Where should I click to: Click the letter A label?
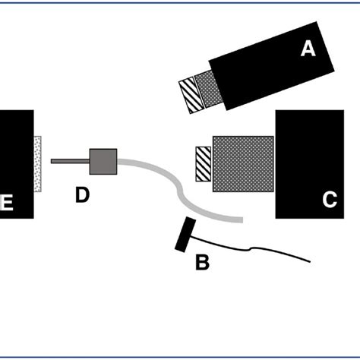tap(307, 49)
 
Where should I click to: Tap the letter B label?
tap(202, 263)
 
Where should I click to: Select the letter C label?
tap(329, 200)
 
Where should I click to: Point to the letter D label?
tap(82, 195)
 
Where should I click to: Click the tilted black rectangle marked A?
tap(266, 72)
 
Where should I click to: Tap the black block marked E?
tap(17, 163)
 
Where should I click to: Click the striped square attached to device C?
tap(203, 163)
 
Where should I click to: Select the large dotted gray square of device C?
tap(243, 163)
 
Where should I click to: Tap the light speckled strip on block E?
tap(38, 163)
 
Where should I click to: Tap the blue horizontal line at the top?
tap(180, 2)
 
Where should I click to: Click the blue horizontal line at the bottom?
tap(180, 355)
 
